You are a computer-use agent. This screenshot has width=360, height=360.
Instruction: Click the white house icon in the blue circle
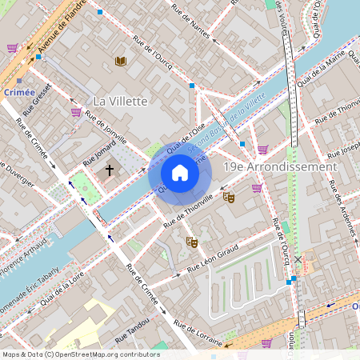click(x=180, y=173)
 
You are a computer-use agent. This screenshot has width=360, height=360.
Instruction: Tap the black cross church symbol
click(x=110, y=170)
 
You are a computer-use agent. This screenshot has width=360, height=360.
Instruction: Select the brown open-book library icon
click(x=120, y=61)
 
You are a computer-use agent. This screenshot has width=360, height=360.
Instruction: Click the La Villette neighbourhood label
click(x=120, y=101)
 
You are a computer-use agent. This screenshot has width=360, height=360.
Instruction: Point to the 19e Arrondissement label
click(x=279, y=166)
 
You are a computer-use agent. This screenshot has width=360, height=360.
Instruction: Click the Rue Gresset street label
click(x=38, y=97)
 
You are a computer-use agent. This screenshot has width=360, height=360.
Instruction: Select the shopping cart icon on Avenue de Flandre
click(x=12, y=48)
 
